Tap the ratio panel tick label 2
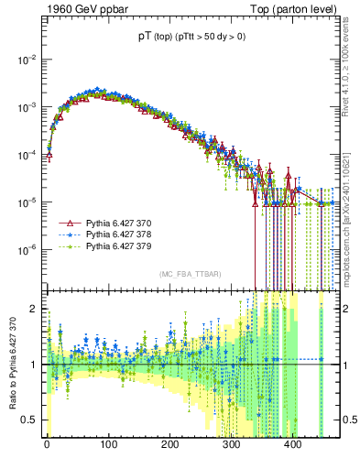(34, 309)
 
